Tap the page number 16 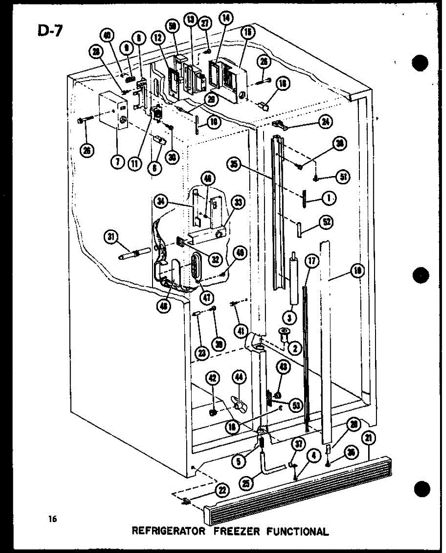click(x=53, y=519)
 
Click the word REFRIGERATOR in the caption click(x=168, y=531)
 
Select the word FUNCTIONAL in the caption click(x=298, y=531)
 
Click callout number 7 click(x=118, y=162)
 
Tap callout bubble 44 click(x=239, y=379)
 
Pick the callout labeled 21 click(x=369, y=438)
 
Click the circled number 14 click(x=226, y=18)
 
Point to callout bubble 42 click(x=212, y=379)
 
